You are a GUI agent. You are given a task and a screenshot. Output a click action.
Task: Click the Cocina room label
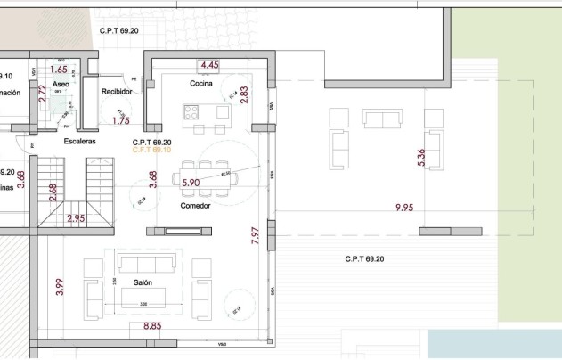click(200, 84)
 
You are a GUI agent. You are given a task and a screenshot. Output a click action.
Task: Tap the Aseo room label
click(60, 84)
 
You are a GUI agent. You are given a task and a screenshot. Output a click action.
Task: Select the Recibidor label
click(117, 91)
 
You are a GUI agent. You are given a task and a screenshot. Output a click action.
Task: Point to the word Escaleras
click(79, 141)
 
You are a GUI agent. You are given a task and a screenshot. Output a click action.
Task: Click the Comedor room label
click(196, 206)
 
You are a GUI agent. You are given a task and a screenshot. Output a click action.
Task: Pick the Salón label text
click(143, 282)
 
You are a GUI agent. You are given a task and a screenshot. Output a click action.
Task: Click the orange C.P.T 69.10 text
click(151, 151)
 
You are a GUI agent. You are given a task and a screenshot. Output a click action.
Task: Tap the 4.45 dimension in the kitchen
click(209, 65)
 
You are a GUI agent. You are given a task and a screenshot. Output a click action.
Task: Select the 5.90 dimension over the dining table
click(191, 183)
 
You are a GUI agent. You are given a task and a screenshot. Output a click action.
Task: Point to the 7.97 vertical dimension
click(256, 235)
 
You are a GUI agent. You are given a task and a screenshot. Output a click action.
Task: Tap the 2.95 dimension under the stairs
click(76, 217)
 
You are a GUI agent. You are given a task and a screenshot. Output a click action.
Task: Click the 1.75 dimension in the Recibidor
click(122, 120)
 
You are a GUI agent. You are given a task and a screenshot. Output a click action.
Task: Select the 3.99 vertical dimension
click(60, 287)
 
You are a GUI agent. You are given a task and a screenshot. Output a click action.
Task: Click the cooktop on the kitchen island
click(192, 111)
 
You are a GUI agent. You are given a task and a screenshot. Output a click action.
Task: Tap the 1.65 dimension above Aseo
click(59, 69)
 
